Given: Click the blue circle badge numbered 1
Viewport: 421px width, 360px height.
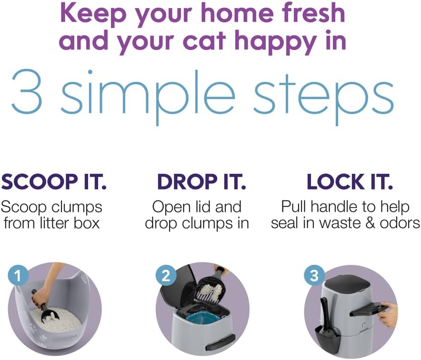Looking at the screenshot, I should (18, 275).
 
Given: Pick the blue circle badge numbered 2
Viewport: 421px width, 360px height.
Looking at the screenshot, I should (165, 275).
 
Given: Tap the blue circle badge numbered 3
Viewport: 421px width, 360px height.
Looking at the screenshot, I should (313, 275).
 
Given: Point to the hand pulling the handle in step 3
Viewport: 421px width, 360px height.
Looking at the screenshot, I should (387, 313).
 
